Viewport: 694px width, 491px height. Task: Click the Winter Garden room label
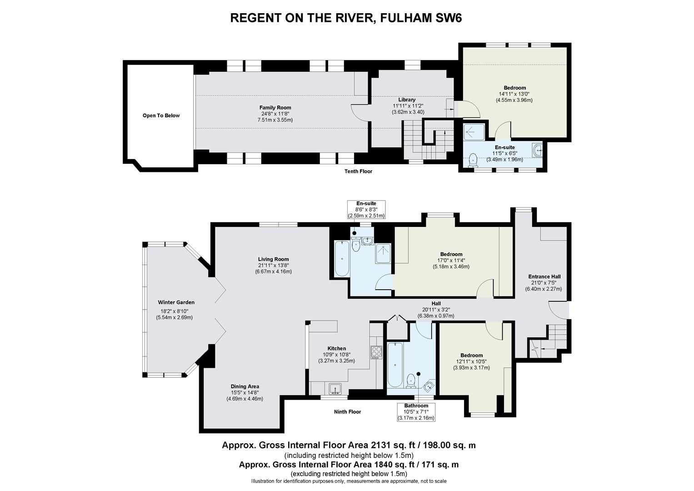tap(176, 302)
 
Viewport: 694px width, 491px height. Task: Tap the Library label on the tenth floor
tap(406, 100)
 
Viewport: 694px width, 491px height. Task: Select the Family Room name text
tap(275, 108)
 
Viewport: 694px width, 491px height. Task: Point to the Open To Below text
tap(161, 115)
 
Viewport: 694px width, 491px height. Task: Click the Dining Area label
tap(245, 386)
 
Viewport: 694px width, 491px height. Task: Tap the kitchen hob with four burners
tap(376, 352)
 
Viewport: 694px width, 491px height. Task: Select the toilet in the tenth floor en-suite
tap(473, 160)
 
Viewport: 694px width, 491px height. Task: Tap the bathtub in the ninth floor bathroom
tap(394, 365)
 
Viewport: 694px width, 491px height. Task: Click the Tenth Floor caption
tap(358, 171)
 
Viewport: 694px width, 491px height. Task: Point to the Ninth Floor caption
tap(347, 411)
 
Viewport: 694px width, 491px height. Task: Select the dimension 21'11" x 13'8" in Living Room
tap(273, 266)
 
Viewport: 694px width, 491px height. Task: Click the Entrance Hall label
tap(544, 276)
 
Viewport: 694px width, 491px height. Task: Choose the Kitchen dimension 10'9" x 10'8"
tap(336, 355)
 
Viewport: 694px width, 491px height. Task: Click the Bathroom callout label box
tap(416, 412)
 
